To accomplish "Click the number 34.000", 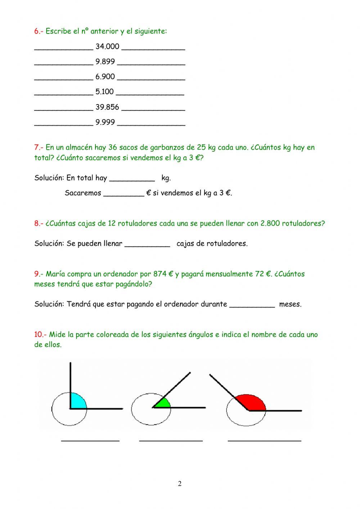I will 107,46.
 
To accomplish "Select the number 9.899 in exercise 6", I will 105,62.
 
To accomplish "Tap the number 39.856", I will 107,107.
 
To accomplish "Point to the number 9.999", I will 105,122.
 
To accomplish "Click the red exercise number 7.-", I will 39,147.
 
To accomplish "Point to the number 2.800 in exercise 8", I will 270,223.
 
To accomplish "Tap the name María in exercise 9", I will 55,274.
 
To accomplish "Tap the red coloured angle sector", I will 252,402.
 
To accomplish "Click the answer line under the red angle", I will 265,440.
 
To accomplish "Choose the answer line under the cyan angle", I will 90,440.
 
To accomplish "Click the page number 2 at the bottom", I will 180,484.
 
